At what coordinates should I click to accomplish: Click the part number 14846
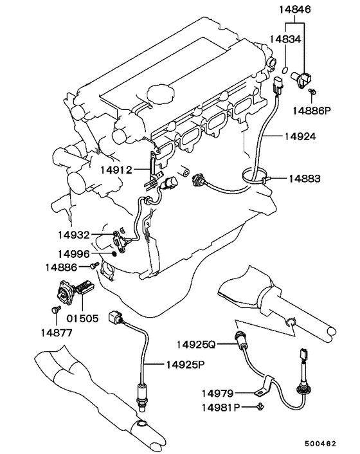click(x=295, y=10)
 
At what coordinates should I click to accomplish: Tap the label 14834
click(x=285, y=39)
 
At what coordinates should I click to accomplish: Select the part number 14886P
click(x=311, y=111)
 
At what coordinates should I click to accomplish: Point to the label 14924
click(x=300, y=136)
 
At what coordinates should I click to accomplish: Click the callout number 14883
click(x=305, y=179)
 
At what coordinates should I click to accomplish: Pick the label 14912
click(x=116, y=170)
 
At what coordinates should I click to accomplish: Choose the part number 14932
click(x=74, y=235)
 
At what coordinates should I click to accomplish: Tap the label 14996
click(x=74, y=254)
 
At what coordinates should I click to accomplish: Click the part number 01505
click(x=82, y=318)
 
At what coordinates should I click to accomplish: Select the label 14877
click(x=56, y=333)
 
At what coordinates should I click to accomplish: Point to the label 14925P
click(x=185, y=365)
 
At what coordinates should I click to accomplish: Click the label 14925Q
click(x=196, y=344)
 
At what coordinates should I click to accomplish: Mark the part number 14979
click(x=217, y=394)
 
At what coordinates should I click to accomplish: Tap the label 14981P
click(x=221, y=408)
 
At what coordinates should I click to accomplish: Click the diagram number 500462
click(x=320, y=444)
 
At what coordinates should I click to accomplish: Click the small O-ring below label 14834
click(x=285, y=69)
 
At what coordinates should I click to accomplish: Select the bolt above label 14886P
click(x=312, y=92)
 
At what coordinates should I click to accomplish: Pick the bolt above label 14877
click(x=56, y=309)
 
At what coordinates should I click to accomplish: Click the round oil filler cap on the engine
click(x=161, y=93)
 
